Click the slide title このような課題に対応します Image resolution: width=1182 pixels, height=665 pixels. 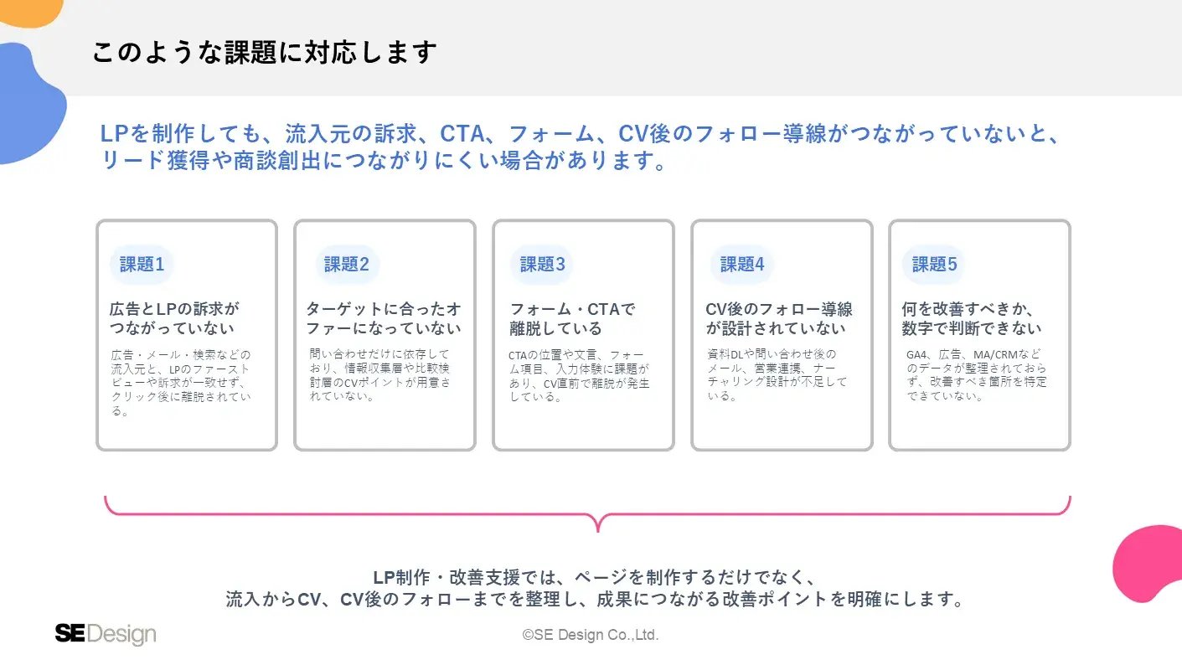click(x=265, y=52)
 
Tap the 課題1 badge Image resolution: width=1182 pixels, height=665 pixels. click(x=142, y=265)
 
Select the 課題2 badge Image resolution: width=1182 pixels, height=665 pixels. click(x=346, y=265)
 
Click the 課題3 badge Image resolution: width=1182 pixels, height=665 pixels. click(x=542, y=265)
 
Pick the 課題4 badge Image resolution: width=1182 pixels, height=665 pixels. click(x=742, y=265)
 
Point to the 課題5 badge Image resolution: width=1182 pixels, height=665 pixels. click(x=934, y=265)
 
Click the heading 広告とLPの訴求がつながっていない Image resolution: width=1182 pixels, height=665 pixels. click(x=174, y=318)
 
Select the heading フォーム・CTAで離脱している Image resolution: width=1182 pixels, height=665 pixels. click(x=572, y=318)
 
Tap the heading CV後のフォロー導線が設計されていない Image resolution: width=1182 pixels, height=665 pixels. click(x=779, y=318)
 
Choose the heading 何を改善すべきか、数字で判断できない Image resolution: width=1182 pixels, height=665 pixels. click(x=972, y=318)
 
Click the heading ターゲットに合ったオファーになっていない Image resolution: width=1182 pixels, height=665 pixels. click(x=384, y=318)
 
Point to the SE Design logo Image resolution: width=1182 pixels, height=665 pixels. click(x=106, y=634)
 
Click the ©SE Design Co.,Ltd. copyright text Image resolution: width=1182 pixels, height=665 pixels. click(x=591, y=634)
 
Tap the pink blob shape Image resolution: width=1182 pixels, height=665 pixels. click(x=1150, y=564)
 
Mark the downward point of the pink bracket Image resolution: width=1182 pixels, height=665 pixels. click(x=598, y=531)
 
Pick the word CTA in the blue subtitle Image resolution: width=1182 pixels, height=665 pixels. click(x=462, y=133)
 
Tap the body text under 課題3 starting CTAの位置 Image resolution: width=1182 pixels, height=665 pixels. click(x=579, y=376)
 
